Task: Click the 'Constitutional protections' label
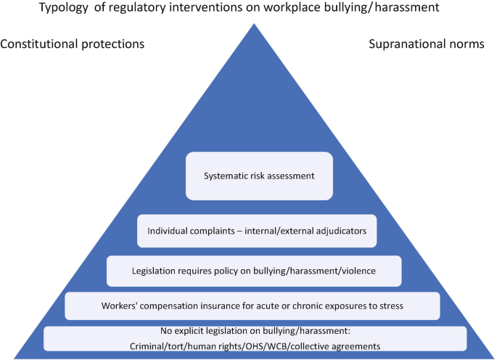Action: [x=72, y=44]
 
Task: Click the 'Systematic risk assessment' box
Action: [x=250, y=174]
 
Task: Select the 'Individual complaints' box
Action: [x=257, y=231]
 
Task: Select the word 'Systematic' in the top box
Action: [x=223, y=174]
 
